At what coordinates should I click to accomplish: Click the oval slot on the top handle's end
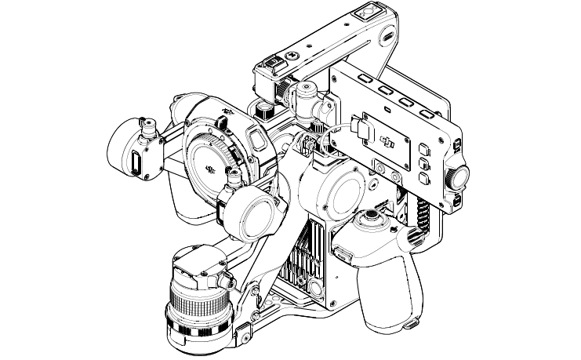388,35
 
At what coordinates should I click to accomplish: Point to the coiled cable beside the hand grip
423,212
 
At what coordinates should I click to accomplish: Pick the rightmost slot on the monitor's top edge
427,115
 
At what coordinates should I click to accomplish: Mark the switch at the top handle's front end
271,68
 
